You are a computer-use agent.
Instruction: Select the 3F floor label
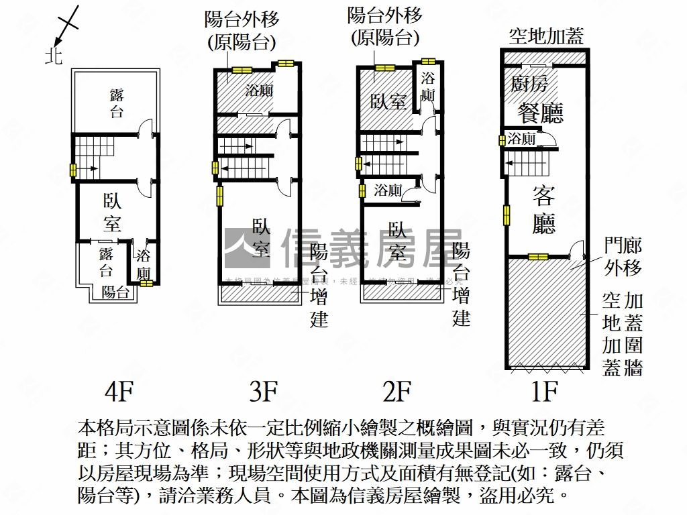coord(263,391)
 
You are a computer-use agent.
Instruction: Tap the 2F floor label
coord(397,391)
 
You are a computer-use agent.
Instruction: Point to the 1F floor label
coord(545,391)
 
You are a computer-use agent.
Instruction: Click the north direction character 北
coord(54,56)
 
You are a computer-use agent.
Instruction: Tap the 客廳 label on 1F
coord(544,210)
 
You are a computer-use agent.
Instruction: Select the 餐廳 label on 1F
coord(539,113)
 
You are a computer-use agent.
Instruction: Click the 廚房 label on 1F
coord(530,84)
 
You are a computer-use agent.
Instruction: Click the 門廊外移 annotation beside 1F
coord(623,256)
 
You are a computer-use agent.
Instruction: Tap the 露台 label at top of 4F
coord(117,103)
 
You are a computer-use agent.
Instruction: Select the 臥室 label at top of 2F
coord(389,101)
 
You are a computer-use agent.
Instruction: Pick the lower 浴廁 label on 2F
coord(388,190)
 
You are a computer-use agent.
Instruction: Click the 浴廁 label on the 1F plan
coord(521,139)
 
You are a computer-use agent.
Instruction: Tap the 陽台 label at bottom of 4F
coord(115,292)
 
